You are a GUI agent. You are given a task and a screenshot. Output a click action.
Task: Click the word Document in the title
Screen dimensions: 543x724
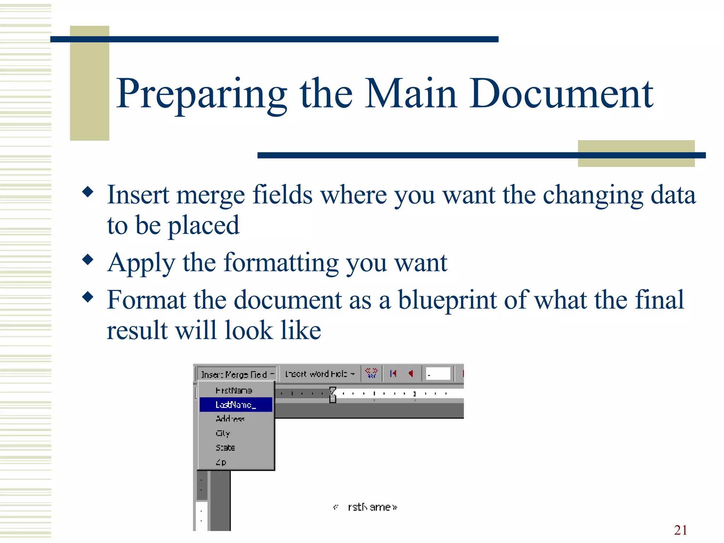[561, 94]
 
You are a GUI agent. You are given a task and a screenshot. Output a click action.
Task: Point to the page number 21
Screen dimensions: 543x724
[681, 530]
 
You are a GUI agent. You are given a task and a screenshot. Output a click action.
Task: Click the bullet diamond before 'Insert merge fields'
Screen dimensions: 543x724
[88, 192]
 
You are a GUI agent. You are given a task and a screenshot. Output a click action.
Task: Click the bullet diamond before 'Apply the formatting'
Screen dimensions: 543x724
[88, 260]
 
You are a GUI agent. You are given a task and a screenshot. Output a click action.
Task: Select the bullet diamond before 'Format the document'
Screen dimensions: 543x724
[88, 297]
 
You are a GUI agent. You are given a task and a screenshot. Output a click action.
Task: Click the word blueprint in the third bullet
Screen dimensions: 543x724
[447, 300]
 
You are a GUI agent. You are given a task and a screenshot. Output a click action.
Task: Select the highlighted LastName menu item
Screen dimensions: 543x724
[236, 405]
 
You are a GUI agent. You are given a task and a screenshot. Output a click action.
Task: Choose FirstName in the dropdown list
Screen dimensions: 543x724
[234, 390]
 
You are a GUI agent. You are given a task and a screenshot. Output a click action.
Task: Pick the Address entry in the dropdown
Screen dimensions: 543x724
[230, 419]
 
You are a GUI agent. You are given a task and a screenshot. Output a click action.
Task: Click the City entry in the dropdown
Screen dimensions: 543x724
[223, 433]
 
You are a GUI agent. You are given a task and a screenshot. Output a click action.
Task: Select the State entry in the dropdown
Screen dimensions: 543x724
[225, 448]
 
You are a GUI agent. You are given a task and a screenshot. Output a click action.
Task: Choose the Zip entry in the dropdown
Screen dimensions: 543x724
[221, 462]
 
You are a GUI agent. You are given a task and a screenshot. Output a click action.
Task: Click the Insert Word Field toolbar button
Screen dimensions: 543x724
[320, 374]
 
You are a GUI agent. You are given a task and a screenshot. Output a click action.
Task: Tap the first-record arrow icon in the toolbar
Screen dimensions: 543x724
[393, 374]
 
